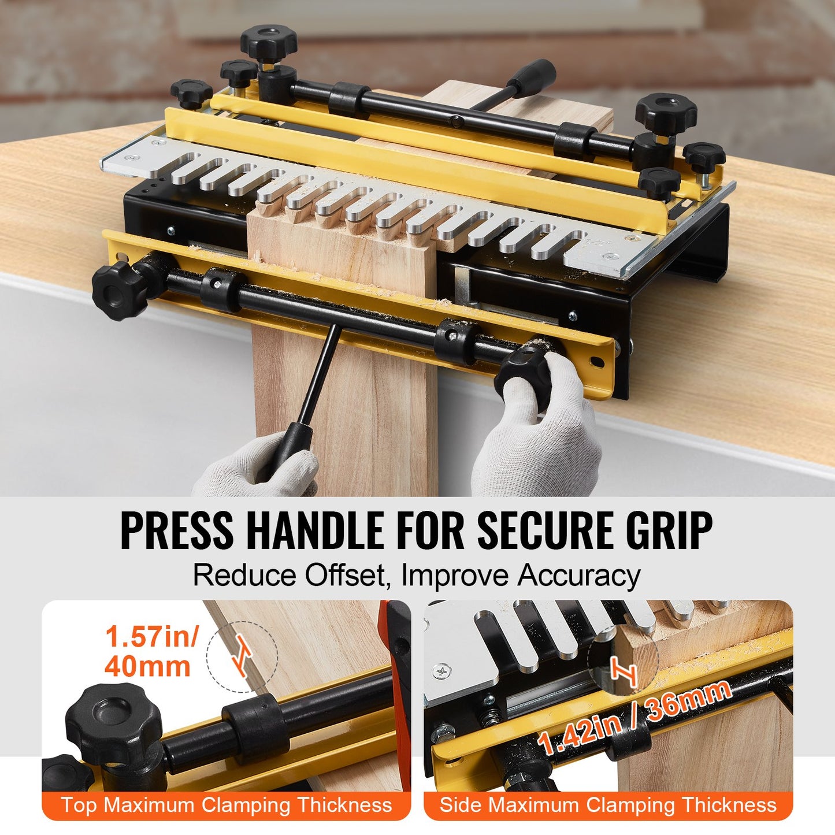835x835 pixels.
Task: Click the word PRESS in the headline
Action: click(x=177, y=530)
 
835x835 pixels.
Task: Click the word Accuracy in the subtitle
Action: click(x=578, y=576)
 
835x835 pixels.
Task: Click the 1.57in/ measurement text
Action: click(x=151, y=637)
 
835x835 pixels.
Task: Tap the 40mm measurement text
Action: click(x=147, y=666)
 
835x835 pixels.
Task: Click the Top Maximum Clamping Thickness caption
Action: click(x=227, y=805)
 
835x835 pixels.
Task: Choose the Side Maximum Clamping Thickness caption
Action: click(x=608, y=805)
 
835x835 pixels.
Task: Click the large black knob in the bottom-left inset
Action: click(x=113, y=723)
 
